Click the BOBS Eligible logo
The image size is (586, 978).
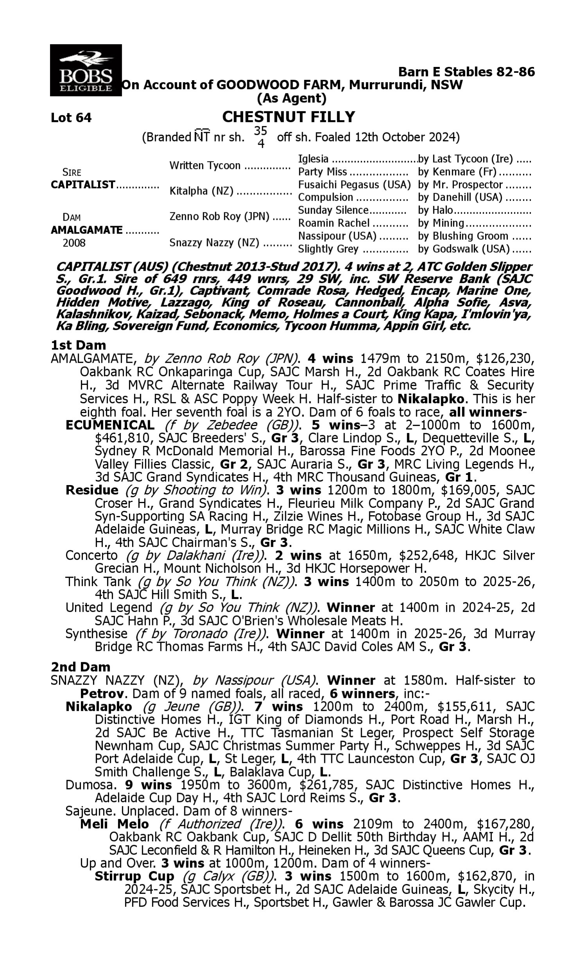86,70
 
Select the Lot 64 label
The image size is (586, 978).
71,117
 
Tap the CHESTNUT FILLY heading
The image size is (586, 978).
288,117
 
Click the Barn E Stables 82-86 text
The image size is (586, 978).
466,72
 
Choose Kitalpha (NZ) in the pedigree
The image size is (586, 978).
201,191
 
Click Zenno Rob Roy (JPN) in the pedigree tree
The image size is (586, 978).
219,217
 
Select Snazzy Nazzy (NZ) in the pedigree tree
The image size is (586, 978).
214,242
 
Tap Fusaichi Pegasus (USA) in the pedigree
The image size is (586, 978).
354,185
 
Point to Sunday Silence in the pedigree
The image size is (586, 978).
333,210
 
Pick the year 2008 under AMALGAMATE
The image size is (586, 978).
74,243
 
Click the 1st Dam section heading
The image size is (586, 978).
78,345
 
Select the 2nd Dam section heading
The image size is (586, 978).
80,667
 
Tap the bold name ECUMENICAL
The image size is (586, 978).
110,425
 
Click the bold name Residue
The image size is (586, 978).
92,490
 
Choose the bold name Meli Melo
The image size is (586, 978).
114,824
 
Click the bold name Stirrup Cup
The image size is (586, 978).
134,876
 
